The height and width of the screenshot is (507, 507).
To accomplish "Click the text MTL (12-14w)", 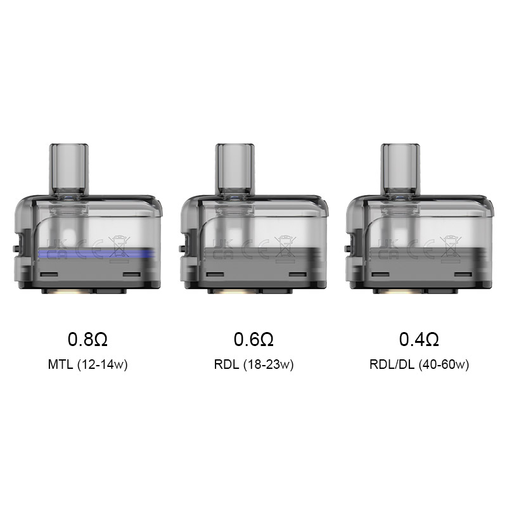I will pos(88,366).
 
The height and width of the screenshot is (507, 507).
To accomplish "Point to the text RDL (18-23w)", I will pos(253,366).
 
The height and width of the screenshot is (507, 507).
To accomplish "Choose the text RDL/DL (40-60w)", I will pos(419,366).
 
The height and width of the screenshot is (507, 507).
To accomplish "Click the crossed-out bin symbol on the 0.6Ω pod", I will pos(281,245).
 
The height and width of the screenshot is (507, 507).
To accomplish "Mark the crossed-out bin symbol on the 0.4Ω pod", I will pos(447,245).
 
